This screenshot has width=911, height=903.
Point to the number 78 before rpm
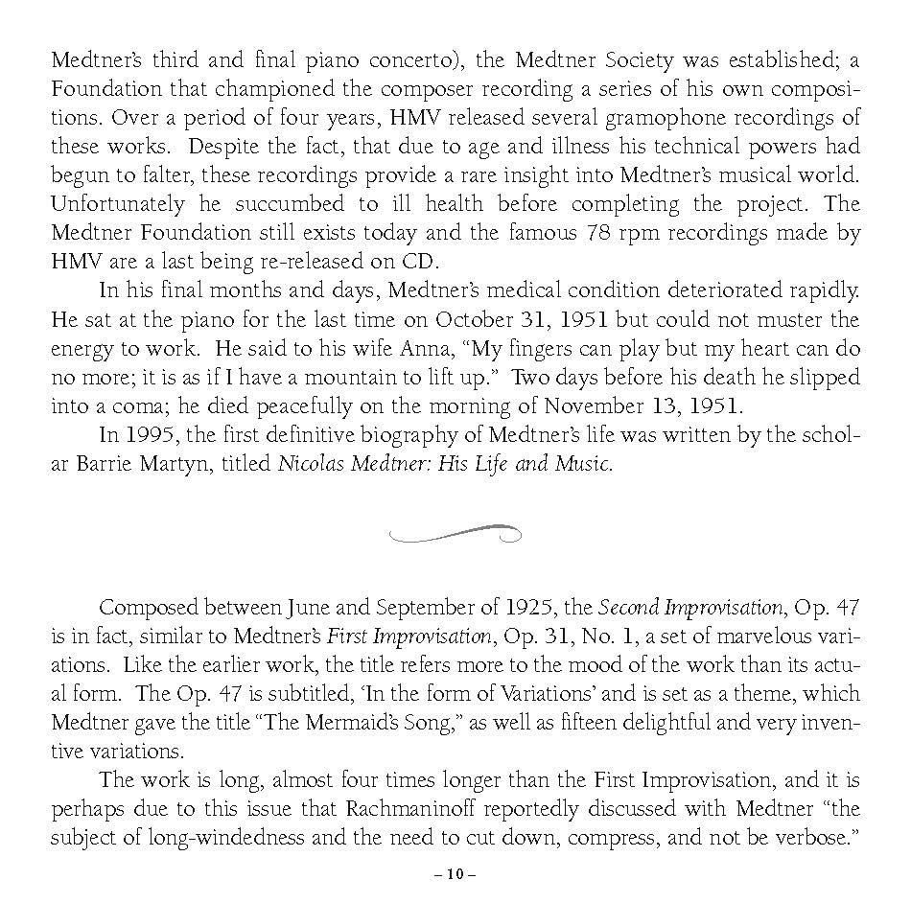[596, 233]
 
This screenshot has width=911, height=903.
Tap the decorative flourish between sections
[455, 533]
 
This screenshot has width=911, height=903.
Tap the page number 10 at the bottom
[455, 874]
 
